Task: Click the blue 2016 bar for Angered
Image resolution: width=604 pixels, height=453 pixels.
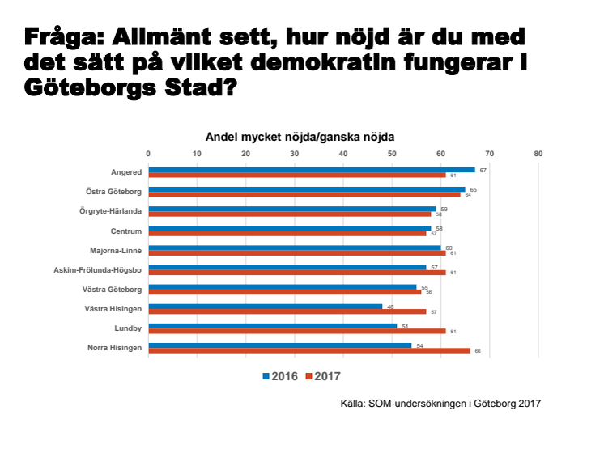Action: point(312,170)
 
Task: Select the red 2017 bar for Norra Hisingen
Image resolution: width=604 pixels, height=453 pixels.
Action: point(308,350)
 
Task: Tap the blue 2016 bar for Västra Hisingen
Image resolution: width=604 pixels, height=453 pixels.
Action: point(265,306)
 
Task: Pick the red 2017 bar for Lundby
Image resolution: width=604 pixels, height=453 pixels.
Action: point(296,331)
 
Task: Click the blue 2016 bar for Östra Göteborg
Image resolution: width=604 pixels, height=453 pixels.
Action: point(307,189)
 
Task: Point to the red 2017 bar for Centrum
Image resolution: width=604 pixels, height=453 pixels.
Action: point(287,233)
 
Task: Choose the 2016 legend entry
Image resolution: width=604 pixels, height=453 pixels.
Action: point(280,376)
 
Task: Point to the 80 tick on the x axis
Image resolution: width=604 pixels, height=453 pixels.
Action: point(538,152)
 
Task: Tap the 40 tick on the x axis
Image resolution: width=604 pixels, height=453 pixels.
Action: point(343,152)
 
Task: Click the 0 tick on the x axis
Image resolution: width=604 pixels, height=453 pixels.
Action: point(148,152)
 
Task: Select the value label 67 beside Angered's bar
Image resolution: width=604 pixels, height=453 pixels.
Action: point(483,170)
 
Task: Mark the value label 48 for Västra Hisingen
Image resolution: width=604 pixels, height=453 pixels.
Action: point(390,306)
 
